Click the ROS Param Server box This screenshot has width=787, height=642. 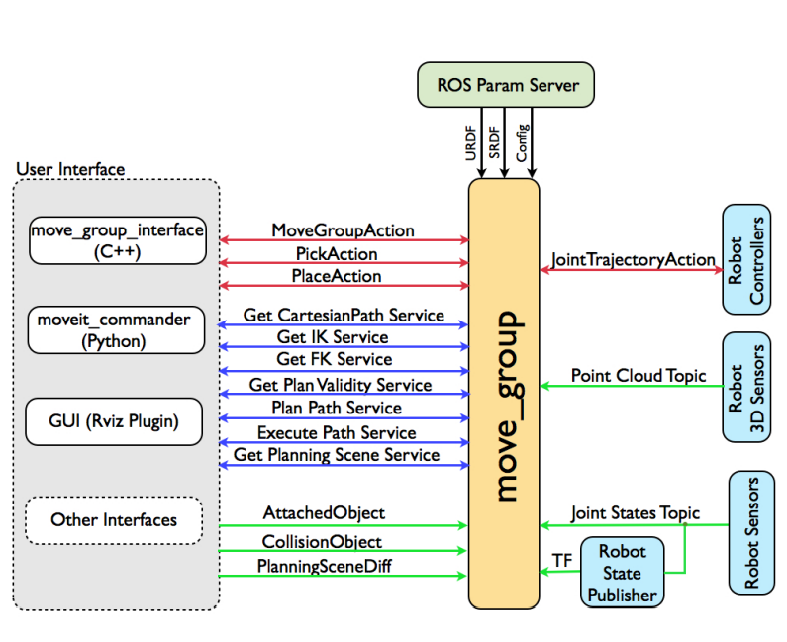(508, 85)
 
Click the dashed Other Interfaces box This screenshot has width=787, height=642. (114, 519)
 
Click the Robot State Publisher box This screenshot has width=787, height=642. (622, 573)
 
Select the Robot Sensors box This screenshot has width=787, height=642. (751, 533)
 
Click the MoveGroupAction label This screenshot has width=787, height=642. (343, 230)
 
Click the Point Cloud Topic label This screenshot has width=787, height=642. (639, 376)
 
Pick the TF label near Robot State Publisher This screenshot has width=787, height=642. (561, 561)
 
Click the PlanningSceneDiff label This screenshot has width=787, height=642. (324, 566)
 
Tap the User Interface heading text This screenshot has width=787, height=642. (70, 169)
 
